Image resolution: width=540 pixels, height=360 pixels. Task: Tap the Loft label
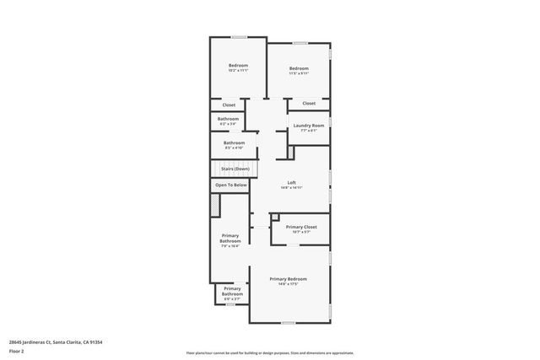coord(291,183)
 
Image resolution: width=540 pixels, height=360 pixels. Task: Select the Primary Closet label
coord(300,227)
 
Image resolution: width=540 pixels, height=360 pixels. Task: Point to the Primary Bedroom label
coord(288,279)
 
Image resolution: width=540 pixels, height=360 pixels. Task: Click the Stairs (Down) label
coord(230,169)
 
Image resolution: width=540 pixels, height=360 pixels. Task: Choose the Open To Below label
coord(230,185)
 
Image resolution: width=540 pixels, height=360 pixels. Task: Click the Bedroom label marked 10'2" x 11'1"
coord(238,66)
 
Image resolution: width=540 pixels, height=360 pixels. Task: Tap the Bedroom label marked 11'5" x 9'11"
coord(299,69)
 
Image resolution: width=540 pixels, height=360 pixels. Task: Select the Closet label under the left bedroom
coord(229,105)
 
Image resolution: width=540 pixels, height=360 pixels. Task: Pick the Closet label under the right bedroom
coord(309,104)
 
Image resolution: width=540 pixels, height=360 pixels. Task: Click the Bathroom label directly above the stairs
coord(234,143)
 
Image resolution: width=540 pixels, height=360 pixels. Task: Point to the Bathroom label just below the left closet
coord(228,119)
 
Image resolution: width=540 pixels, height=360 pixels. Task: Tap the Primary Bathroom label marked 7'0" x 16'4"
coord(230,239)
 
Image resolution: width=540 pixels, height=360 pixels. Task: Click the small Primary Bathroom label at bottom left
coord(232,291)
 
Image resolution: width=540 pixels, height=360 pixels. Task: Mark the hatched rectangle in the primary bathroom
coord(215,205)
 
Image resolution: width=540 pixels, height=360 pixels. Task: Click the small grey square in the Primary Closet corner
coord(274,218)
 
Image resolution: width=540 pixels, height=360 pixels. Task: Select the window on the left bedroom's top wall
coord(239,36)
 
